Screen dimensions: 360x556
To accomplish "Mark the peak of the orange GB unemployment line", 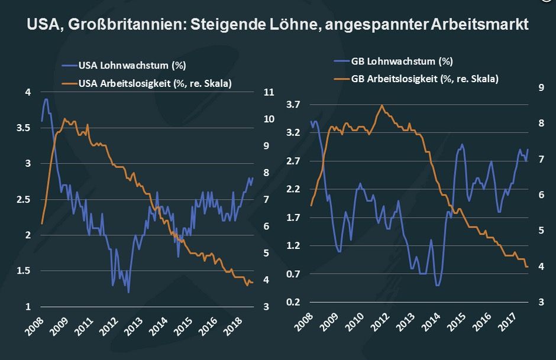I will (382, 105).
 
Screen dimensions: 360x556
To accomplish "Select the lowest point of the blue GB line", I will (438, 286).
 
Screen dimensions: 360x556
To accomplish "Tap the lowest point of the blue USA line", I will (128, 293).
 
